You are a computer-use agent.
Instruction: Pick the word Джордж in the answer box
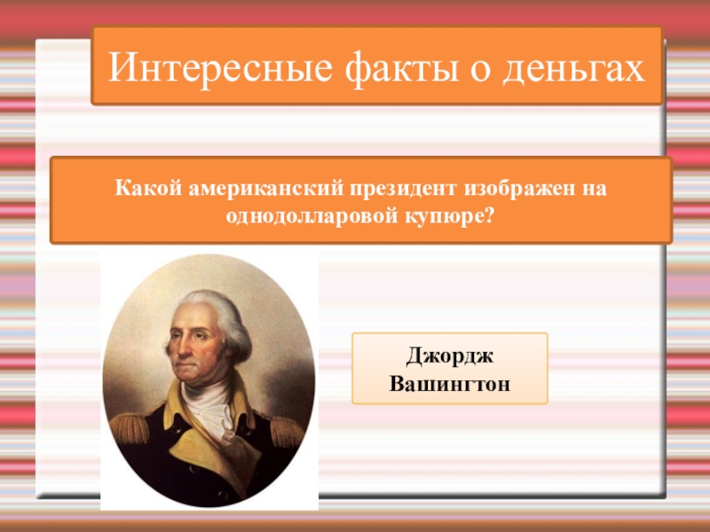[450, 356]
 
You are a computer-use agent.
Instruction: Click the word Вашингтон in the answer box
[450, 385]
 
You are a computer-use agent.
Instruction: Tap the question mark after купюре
[490, 215]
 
